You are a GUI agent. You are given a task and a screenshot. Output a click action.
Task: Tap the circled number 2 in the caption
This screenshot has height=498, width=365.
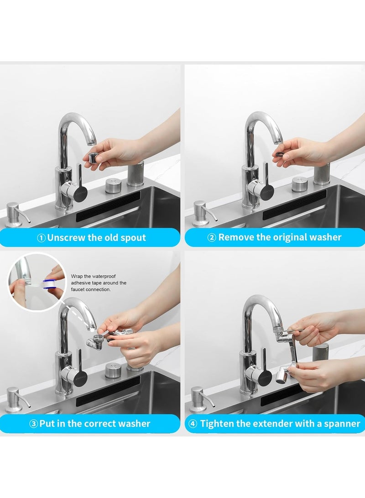tap(212, 237)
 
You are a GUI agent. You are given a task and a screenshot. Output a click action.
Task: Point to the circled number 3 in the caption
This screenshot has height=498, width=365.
tap(33, 424)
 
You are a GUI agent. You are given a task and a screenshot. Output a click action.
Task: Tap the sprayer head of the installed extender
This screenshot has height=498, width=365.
tap(282, 377)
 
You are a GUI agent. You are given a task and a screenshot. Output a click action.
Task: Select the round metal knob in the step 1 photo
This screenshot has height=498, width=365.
tap(113, 185)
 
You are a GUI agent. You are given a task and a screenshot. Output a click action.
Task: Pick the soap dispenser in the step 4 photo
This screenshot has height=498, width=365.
tap(198, 399)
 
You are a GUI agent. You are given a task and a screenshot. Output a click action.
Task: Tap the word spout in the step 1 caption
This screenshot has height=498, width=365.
tap(134, 237)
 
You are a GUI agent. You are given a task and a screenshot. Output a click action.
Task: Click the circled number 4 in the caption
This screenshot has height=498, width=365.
tap(193, 424)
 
